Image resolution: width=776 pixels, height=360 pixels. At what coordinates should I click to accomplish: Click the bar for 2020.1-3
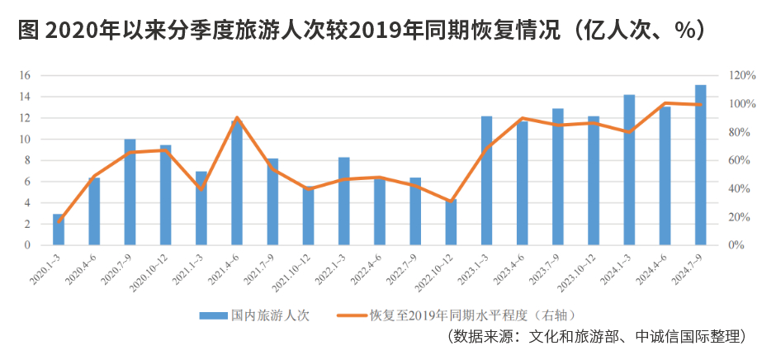tap(59, 230)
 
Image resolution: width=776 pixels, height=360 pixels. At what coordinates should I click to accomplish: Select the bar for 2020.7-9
tap(130, 192)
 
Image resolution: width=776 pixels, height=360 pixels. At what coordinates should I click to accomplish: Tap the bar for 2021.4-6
tap(237, 182)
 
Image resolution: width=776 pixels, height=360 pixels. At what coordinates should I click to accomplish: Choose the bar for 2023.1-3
tap(486, 181)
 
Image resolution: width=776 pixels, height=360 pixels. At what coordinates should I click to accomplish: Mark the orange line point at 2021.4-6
tap(237, 118)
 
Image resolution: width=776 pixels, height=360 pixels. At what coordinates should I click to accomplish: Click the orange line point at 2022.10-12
tap(451, 201)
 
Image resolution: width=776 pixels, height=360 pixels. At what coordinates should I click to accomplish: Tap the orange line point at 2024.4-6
tap(665, 103)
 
